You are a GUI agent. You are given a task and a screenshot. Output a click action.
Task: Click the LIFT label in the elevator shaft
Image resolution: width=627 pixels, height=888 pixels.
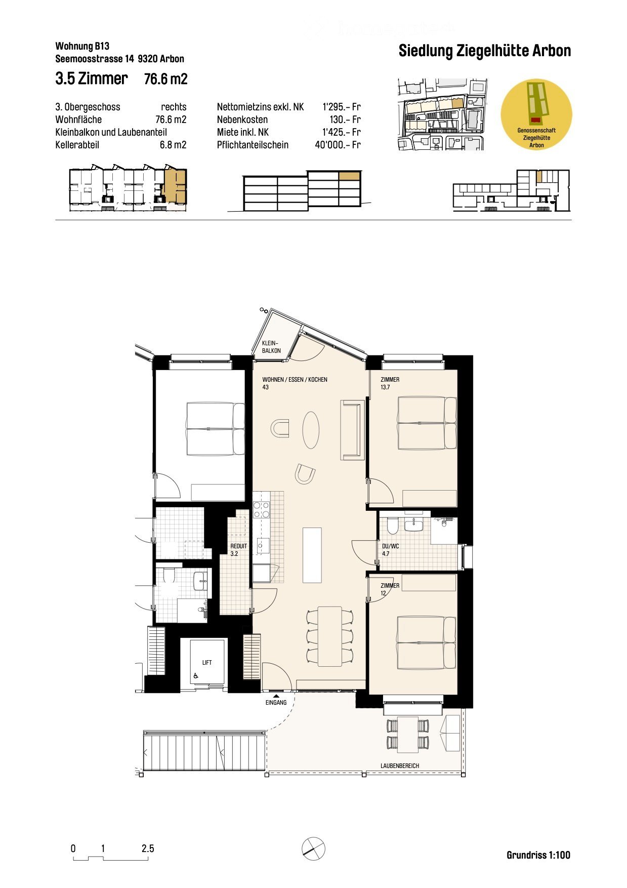207,662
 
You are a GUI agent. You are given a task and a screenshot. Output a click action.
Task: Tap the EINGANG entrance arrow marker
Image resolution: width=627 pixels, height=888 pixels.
276,697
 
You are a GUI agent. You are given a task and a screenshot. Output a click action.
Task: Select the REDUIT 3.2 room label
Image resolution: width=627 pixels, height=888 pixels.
238,550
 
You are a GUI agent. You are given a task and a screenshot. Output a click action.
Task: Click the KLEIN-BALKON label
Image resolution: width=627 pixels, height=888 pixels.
271,347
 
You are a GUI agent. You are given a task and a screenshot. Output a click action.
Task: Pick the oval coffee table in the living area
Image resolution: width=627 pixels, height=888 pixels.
311,429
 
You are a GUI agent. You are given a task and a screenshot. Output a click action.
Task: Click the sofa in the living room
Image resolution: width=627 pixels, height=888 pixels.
352,429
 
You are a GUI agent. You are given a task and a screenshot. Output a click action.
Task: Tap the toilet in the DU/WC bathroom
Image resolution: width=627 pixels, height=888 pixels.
392,526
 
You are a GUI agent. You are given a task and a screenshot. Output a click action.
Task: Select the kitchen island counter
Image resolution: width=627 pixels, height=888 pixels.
312,555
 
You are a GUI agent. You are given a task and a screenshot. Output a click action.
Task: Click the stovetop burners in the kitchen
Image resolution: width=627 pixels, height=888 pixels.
261,509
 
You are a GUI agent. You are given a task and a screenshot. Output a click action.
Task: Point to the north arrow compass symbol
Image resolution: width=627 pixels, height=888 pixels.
313,847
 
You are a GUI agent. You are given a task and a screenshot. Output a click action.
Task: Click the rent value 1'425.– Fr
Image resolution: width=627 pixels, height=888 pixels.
341,132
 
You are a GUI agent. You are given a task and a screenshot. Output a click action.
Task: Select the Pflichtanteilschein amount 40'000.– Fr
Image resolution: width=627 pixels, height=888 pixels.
338,145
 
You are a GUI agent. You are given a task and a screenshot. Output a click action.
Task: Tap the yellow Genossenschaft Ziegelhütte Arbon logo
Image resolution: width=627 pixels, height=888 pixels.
536,114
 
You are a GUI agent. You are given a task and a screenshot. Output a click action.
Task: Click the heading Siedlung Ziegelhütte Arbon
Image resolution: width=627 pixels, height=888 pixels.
484,51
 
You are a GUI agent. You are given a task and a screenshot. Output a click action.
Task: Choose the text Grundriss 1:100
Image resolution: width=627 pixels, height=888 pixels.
538,855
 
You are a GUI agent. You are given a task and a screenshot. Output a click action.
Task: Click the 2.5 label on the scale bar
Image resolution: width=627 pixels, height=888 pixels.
148,849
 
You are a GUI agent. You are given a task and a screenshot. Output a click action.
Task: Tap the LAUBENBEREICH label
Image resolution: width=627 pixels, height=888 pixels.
400,766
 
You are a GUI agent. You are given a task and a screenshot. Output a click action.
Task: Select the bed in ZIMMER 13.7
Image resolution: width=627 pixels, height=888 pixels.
427,423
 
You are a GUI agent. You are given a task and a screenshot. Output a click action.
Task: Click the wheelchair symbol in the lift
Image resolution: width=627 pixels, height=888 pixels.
196,675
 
